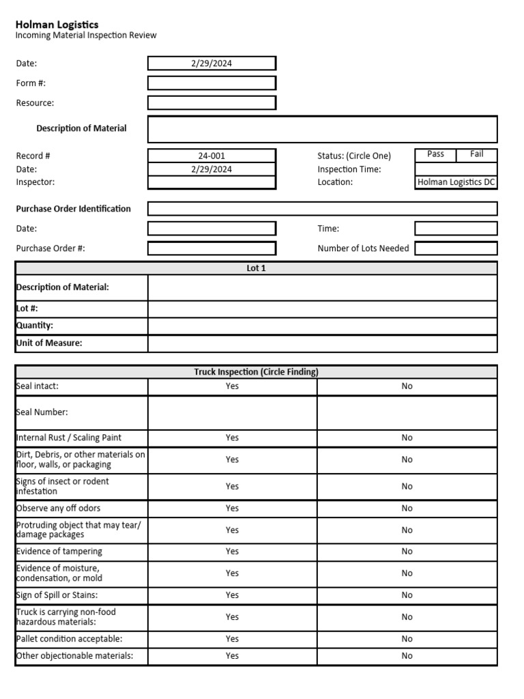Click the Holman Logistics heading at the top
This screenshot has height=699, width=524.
click(x=57, y=25)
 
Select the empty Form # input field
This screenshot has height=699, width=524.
click(x=212, y=83)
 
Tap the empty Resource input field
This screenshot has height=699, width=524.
click(x=212, y=103)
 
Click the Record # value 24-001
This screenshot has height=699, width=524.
click(x=212, y=156)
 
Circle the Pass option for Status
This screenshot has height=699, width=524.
click(x=435, y=154)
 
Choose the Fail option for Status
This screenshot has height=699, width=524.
click(x=477, y=154)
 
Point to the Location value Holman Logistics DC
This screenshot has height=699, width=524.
click(x=456, y=182)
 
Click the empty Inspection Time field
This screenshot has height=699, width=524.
click(x=456, y=169)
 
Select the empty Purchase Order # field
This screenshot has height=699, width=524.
click(x=212, y=248)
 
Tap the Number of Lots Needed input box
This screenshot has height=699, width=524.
click(x=456, y=248)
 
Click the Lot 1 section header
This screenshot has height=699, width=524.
click(x=256, y=268)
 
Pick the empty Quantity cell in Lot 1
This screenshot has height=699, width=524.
click(x=322, y=326)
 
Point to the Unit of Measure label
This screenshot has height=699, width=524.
click(x=49, y=343)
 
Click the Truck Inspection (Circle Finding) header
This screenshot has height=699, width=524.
click(x=256, y=372)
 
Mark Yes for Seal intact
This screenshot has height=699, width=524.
click(x=232, y=386)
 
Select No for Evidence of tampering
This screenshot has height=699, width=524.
click(x=407, y=552)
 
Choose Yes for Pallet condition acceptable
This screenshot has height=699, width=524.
click(x=232, y=639)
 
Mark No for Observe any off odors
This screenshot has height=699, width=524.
click(x=407, y=509)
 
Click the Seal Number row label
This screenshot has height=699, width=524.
click(x=42, y=412)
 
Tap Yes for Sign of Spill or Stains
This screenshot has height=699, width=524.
click(x=232, y=595)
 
